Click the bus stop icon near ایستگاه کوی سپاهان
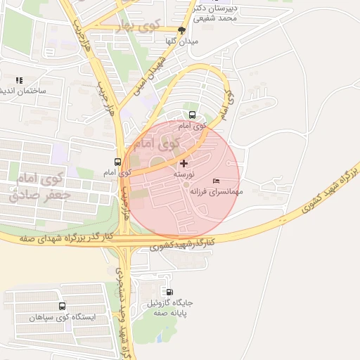pos(63,307)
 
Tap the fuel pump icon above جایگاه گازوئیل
pos(169,292)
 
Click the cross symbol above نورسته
pos(184,163)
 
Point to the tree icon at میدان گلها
pos(182,30)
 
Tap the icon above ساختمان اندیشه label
pos(19,81)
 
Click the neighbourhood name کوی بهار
pos(139,26)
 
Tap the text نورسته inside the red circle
pos(184,173)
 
